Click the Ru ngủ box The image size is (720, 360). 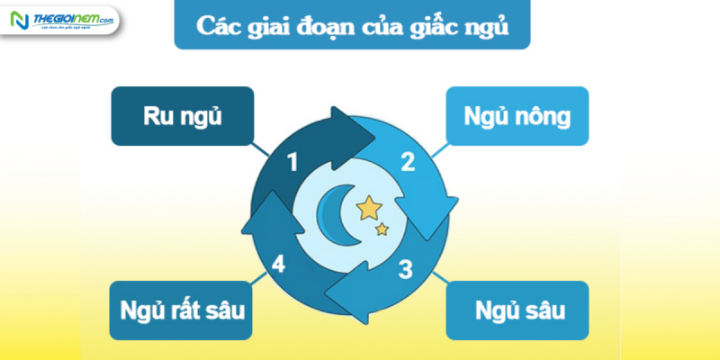tap(183, 116)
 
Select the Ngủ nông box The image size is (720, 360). tap(517, 116)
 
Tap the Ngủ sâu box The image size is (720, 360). tap(517, 311)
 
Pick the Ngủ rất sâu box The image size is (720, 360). tap(183, 311)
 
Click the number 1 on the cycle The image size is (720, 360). tap(292, 162)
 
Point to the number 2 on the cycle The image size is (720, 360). tap(407, 162)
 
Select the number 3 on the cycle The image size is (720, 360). tap(406, 267)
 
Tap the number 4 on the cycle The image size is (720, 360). tap(279, 265)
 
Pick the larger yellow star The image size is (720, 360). tap(369, 209)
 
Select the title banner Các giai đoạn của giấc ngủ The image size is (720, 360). tap(352, 24)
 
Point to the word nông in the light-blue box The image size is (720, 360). tap(542, 116)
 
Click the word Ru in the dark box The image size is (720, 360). tap(157, 116)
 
